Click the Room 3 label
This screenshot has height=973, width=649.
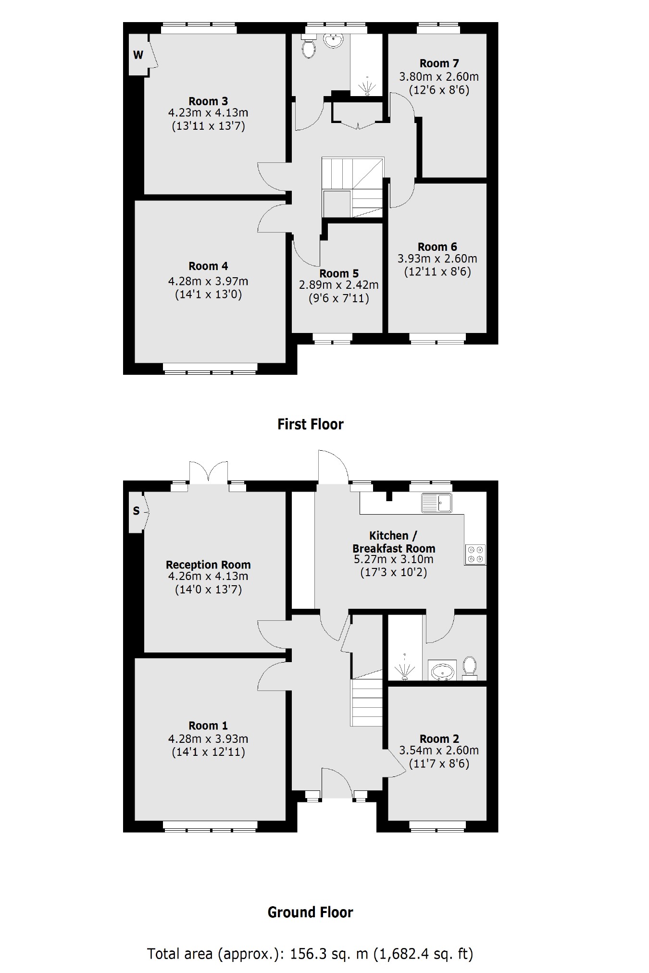pyautogui.click(x=208, y=101)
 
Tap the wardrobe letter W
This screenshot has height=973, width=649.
pyautogui.click(x=138, y=55)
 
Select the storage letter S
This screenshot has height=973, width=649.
pyautogui.click(x=136, y=511)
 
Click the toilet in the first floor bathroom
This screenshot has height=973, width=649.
pyautogui.click(x=309, y=48)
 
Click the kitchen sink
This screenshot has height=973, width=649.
pyautogui.click(x=437, y=503)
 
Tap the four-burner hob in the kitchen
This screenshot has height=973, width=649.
pyautogui.click(x=475, y=554)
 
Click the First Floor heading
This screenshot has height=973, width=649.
pyautogui.click(x=311, y=424)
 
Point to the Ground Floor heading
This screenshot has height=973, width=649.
pyautogui.click(x=310, y=912)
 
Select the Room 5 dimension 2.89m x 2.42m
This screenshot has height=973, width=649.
pyautogui.click(x=339, y=285)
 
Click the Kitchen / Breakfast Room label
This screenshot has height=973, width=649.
pyautogui.click(x=394, y=542)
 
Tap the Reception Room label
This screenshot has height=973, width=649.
pyautogui.click(x=208, y=565)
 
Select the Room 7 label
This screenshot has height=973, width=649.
pyautogui.click(x=439, y=63)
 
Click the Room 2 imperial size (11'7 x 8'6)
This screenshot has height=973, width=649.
pyautogui.click(x=439, y=764)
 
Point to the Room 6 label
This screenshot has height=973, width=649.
pyautogui.click(x=437, y=247)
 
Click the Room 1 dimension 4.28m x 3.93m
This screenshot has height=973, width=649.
pyautogui.click(x=208, y=739)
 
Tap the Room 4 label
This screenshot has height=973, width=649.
pyautogui.click(x=208, y=266)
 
